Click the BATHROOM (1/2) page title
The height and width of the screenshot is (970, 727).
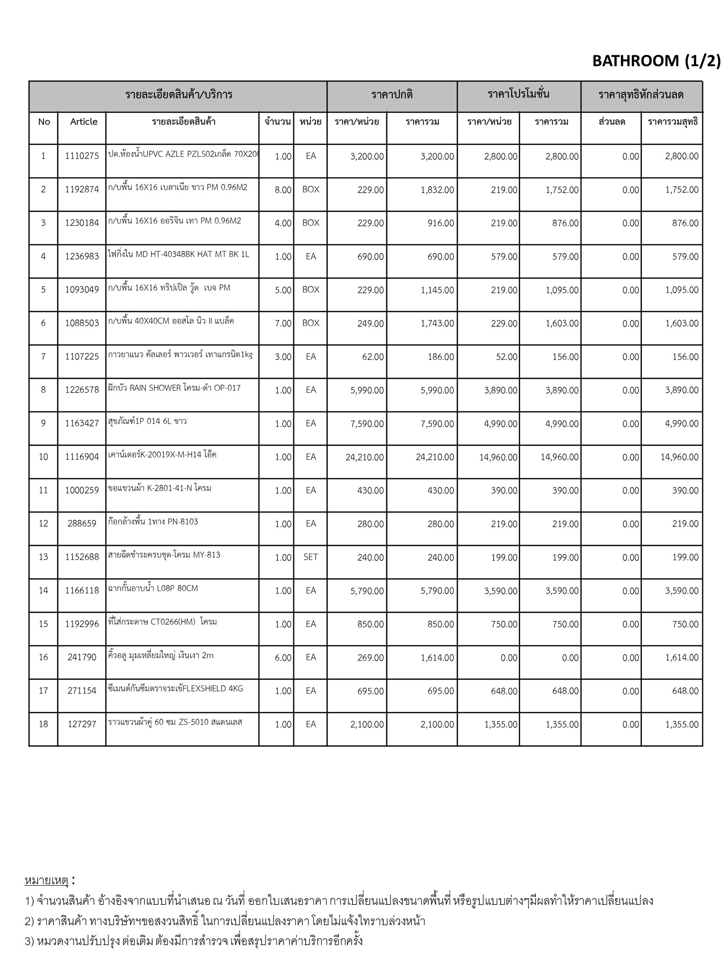[x=656, y=61]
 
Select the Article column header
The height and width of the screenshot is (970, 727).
[x=84, y=122]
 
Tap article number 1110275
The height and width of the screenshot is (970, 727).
[x=82, y=156]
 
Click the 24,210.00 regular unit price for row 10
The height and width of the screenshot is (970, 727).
[x=364, y=458]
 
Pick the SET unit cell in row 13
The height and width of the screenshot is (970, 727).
[x=310, y=557]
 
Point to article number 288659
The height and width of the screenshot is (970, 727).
[x=82, y=524]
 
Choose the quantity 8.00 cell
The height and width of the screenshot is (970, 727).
[x=283, y=190]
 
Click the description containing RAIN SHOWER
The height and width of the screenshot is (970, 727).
[x=175, y=388]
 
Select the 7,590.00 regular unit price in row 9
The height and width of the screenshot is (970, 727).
[x=367, y=424]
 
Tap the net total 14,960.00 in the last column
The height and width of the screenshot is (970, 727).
[x=679, y=458]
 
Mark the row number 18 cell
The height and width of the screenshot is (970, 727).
[x=44, y=724]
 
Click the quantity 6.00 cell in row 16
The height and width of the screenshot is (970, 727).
[x=283, y=658]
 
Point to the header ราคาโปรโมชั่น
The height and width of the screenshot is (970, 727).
[x=519, y=94]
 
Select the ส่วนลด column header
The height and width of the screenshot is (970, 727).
[x=612, y=122]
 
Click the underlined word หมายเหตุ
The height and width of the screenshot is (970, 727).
[x=46, y=880]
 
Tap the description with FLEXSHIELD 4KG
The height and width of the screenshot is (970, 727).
[x=176, y=689]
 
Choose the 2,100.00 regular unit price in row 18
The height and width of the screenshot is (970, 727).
[x=367, y=725]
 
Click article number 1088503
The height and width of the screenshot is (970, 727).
[x=82, y=323]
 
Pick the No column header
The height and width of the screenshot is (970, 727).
[x=44, y=122]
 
